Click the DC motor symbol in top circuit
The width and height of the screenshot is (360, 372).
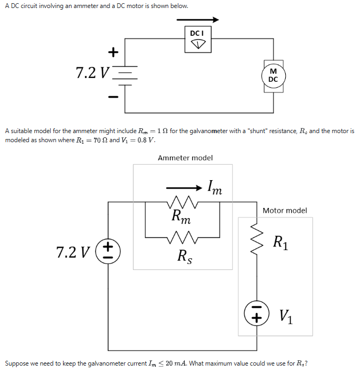click(273, 76)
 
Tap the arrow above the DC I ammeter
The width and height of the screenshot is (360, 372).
click(198, 19)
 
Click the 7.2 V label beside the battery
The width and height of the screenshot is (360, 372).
click(91, 73)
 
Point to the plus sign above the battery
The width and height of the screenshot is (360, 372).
click(112, 52)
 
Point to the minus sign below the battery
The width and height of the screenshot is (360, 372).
click(112, 97)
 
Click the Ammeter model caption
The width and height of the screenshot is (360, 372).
click(185, 158)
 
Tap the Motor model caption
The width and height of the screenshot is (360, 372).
click(285, 211)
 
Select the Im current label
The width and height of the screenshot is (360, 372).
click(215, 188)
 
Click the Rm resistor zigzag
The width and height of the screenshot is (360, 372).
click(183, 203)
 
